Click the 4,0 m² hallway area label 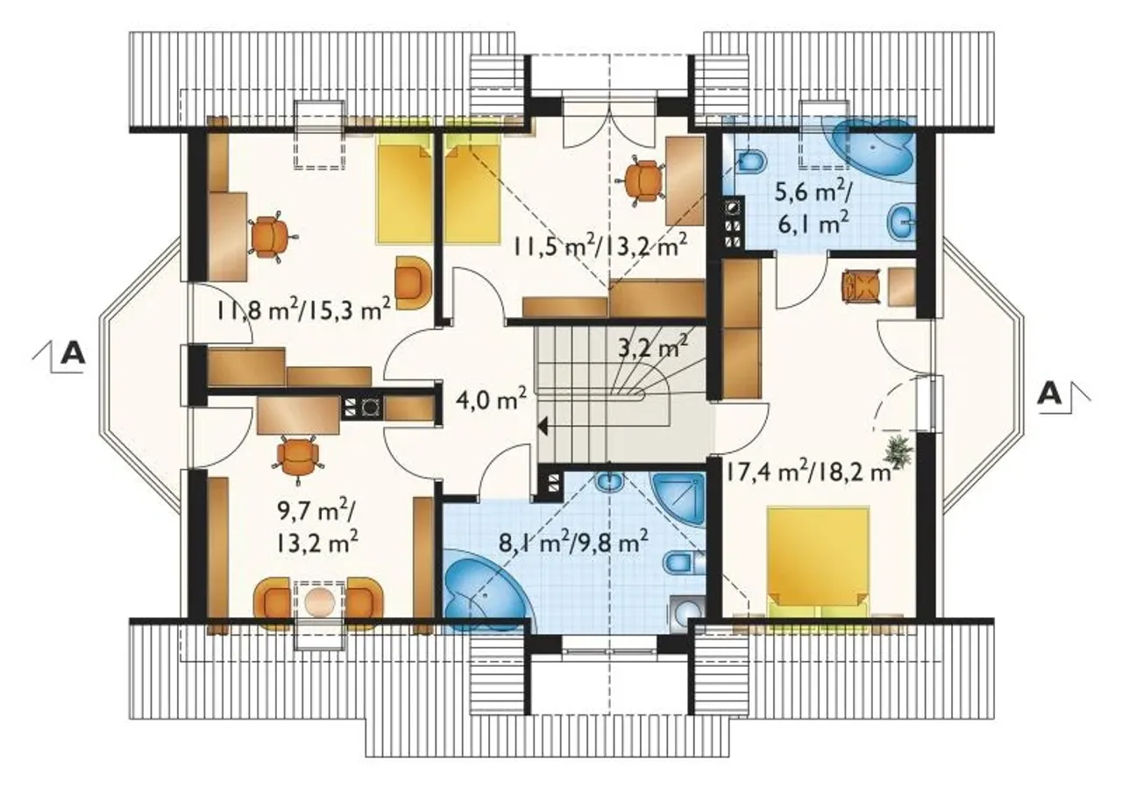tap(491, 401)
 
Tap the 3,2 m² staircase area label tap(653, 345)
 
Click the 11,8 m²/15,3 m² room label tap(303, 310)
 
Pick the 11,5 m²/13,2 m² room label tap(599, 245)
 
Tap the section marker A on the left tap(73, 354)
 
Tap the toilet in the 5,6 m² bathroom tap(751, 161)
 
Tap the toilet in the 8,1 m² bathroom tap(685, 563)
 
